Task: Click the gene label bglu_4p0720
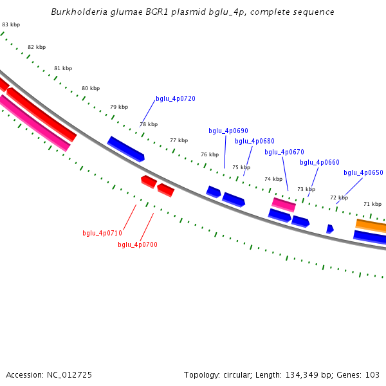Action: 176,99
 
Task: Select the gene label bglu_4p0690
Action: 228,131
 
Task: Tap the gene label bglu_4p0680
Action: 255,141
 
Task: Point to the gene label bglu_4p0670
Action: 284,152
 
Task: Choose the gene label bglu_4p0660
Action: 320,162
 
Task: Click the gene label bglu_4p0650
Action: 363,172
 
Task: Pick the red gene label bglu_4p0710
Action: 102,233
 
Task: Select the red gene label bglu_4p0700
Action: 138,244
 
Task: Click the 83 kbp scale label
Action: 11,24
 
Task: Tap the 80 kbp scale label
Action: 91,88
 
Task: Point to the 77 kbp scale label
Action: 179,140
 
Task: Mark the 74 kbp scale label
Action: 273,179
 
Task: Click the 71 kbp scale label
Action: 372,204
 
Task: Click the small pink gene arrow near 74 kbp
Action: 284,205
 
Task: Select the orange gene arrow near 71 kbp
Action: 372,225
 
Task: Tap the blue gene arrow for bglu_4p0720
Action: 125,149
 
